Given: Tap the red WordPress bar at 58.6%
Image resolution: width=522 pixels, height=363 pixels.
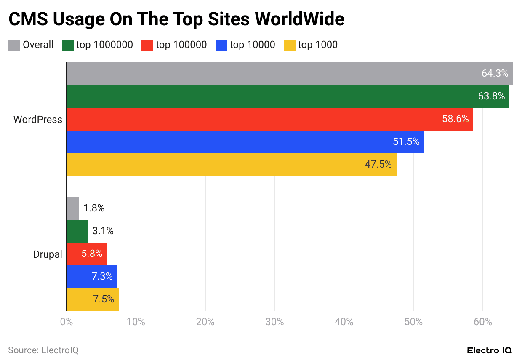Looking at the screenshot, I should click(x=253, y=119).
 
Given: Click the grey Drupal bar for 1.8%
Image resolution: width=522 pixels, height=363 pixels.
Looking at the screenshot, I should click(x=73, y=208).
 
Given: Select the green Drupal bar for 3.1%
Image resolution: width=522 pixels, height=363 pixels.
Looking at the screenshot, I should click(x=77, y=231).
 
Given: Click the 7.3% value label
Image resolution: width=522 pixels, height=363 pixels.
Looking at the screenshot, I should click(x=102, y=277).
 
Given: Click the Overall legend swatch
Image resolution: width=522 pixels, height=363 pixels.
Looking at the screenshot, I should click(x=14, y=45).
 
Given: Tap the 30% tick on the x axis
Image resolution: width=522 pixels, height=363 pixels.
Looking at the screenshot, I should click(x=274, y=322).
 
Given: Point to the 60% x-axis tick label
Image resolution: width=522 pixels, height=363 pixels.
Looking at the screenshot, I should click(x=482, y=322).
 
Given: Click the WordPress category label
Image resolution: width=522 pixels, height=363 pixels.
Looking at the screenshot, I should click(x=37, y=120).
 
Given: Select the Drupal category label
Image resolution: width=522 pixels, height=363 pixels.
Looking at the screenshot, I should click(x=48, y=255).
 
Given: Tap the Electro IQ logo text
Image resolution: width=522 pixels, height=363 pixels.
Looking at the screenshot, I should click(x=489, y=350).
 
